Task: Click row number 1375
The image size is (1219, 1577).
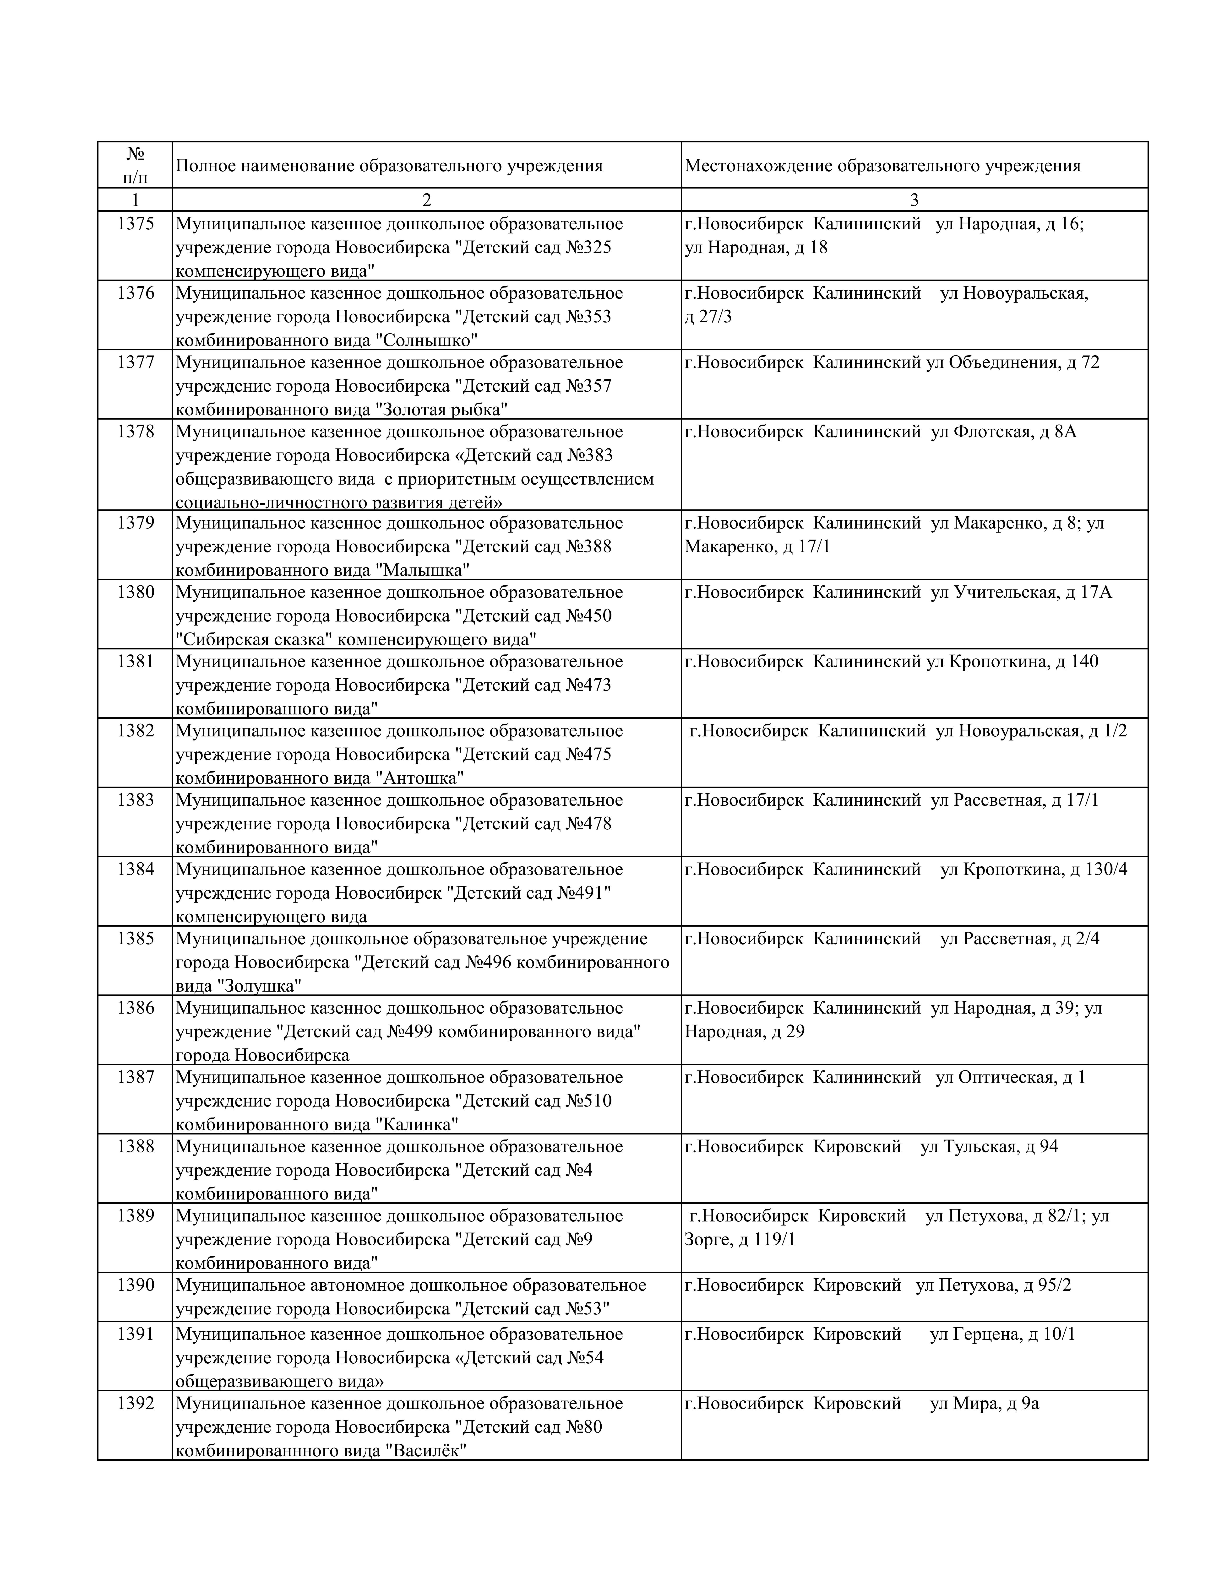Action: (x=136, y=224)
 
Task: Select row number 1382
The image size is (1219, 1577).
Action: (x=136, y=731)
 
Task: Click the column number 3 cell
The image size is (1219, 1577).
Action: (x=914, y=200)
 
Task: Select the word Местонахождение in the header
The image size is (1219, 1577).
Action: (x=758, y=166)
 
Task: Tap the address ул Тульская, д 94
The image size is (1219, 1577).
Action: (x=989, y=1147)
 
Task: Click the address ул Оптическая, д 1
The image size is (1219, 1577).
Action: (x=1010, y=1077)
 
